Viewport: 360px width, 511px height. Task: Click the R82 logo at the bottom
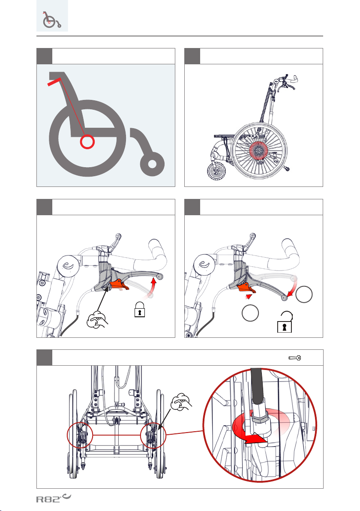tap(54, 498)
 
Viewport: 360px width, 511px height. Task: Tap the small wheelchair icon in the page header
tap(52, 20)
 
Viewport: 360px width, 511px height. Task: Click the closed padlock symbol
tap(140, 309)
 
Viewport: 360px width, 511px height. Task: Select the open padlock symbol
tap(285, 322)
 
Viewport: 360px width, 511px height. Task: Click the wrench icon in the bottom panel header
tap(295, 358)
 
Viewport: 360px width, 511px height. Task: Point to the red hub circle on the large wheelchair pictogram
tap(87, 142)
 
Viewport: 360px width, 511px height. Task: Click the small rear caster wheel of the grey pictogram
tap(152, 164)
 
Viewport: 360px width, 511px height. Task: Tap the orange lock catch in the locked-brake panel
tap(119, 285)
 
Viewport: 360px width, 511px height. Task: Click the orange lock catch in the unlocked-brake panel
tap(246, 287)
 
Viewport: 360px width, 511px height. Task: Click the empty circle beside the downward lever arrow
tap(304, 294)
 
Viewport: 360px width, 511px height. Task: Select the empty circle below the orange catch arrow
tap(250, 313)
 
